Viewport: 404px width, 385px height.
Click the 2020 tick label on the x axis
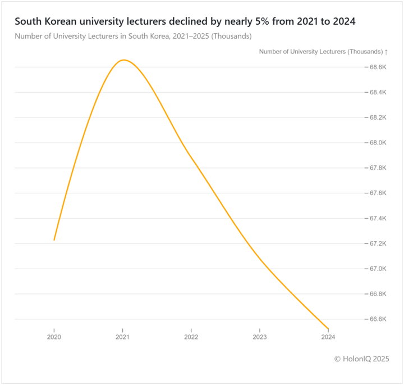click(x=54, y=337)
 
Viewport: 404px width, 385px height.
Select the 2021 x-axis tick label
click(x=122, y=337)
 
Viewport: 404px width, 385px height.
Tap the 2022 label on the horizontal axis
click(x=191, y=337)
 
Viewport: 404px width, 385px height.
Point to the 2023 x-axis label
click(x=260, y=337)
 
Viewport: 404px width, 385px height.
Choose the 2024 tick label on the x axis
click(x=328, y=337)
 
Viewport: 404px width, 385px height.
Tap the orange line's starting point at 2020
click(x=54, y=240)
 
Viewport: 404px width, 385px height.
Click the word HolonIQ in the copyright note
click(x=357, y=359)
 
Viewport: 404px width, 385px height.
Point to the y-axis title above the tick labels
click(x=320, y=52)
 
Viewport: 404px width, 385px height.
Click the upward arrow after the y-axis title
click(x=386, y=52)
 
